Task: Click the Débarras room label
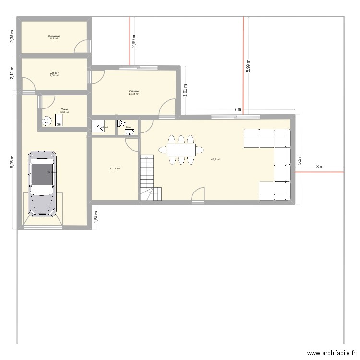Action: click(54, 36)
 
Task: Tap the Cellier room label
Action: click(54, 73)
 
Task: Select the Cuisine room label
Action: click(134, 91)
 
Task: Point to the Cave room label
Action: click(64, 109)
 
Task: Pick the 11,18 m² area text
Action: click(115, 168)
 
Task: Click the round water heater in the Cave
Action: click(47, 121)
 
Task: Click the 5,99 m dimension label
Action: click(248, 66)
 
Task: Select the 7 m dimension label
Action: click(237, 110)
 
